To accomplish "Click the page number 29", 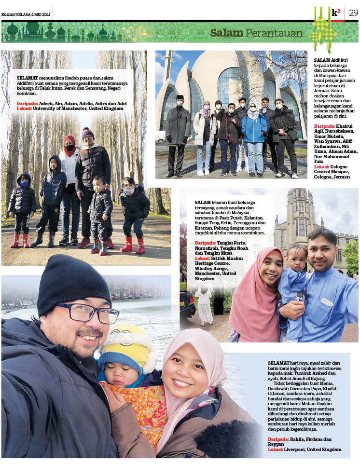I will [x=353, y=13].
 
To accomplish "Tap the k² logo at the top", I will [x=336, y=13].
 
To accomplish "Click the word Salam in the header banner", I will [x=226, y=33].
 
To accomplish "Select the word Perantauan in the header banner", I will [x=274, y=33].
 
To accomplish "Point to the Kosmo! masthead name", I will [x=8, y=14].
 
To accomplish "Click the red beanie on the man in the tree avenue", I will [x=87, y=132].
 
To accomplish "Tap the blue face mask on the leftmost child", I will [x=24, y=184].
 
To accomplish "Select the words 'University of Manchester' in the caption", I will [x=59, y=109].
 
